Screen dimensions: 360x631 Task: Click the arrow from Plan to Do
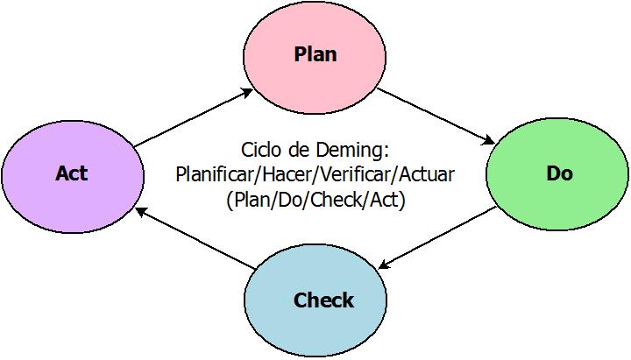point(436,114)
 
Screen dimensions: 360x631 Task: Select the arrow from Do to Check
point(436,238)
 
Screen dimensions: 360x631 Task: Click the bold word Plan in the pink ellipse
point(315,54)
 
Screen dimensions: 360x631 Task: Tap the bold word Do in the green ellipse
point(559,173)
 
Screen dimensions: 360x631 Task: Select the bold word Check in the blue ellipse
point(323,300)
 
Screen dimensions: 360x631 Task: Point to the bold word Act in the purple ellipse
point(71,173)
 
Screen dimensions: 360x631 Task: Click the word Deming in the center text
point(356,148)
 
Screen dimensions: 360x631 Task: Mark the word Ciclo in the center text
point(260,148)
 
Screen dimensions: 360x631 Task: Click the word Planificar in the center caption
point(211,173)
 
